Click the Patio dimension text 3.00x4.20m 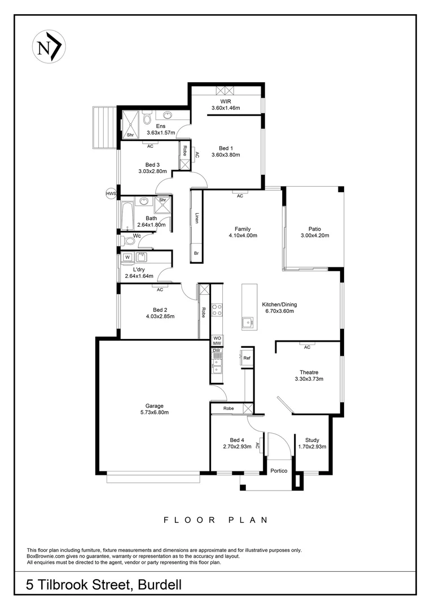tap(315, 236)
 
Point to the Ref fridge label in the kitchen tap(247, 358)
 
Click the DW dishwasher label tap(216, 350)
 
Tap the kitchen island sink tap(247, 323)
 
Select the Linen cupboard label tap(197, 217)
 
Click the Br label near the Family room tap(196, 253)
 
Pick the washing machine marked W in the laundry tap(127, 258)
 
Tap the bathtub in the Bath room tap(125, 214)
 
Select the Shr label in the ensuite tap(130, 135)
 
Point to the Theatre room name tap(309, 372)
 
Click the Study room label tap(312, 440)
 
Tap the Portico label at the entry tap(279, 470)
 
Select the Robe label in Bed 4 tap(228, 408)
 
